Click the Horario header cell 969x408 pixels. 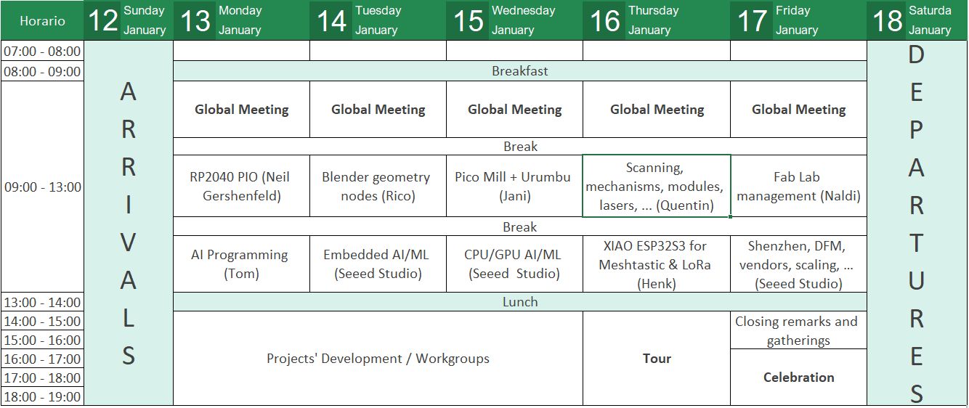[x=42, y=20]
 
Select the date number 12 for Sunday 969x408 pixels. [x=103, y=20]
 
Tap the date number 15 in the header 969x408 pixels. [x=469, y=20]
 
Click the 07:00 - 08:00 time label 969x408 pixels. [x=42, y=52]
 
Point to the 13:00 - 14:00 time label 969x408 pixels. [x=42, y=302]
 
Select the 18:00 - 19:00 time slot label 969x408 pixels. [x=42, y=396]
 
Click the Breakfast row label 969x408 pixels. [x=519, y=71]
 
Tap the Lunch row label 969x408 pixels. [x=519, y=302]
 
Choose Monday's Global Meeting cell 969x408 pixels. [x=241, y=110]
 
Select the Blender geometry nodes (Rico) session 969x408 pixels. [x=378, y=187]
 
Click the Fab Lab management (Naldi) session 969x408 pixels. [x=798, y=187]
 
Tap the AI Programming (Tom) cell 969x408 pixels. [x=240, y=264]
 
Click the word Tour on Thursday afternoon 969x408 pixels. [x=657, y=359]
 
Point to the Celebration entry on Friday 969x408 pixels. [x=798, y=378]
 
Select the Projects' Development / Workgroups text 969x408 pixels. [x=378, y=359]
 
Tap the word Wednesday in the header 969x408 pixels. [x=523, y=11]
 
